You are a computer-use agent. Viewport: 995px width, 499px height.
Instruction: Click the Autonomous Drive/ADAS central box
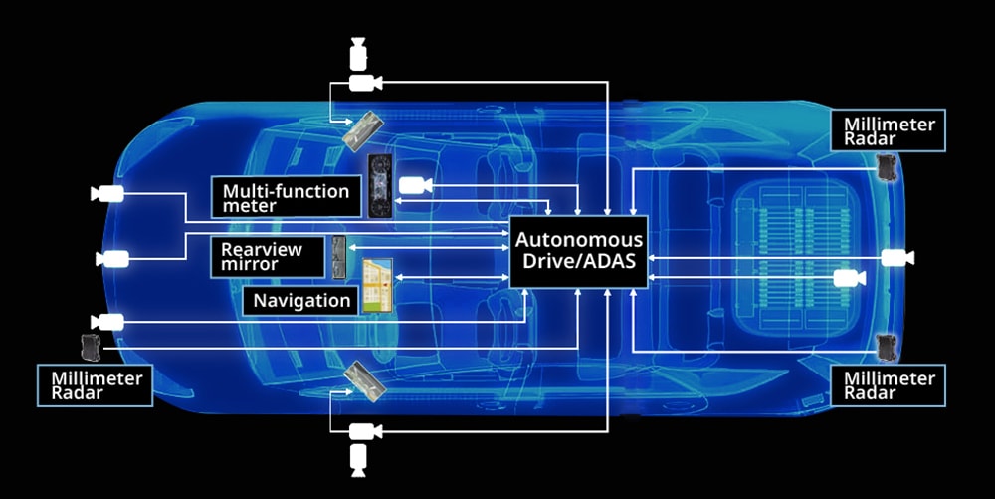point(578,251)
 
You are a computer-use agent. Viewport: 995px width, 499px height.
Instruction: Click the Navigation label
point(301,300)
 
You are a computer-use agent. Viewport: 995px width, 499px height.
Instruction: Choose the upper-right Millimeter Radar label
point(889,130)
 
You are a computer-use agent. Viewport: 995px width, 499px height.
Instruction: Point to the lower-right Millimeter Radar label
point(889,384)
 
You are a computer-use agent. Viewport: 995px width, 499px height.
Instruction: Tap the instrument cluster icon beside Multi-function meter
point(380,186)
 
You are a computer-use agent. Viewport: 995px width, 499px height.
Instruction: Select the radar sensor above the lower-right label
point(888,347)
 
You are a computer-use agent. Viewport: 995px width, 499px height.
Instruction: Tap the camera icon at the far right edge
point(897,258)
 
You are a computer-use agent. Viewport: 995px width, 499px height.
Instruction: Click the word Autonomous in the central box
point(579,241)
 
